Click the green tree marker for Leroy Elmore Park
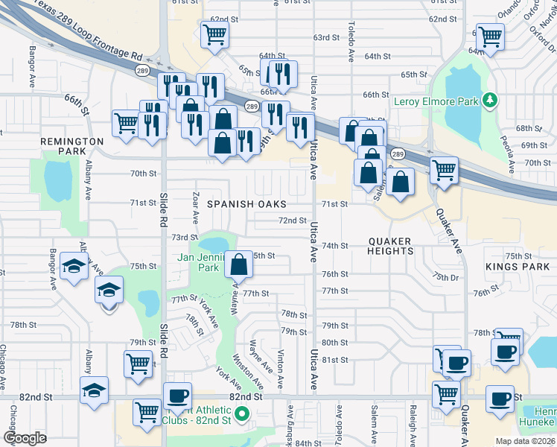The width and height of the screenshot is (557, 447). [489, 99]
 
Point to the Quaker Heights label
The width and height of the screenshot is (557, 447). [391, 246]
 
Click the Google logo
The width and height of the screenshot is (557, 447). [25, 438]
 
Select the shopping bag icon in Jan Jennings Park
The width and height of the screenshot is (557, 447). [238, 265]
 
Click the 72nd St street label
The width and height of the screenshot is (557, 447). [293, 221]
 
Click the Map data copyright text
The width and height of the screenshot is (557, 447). [525, 441]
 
